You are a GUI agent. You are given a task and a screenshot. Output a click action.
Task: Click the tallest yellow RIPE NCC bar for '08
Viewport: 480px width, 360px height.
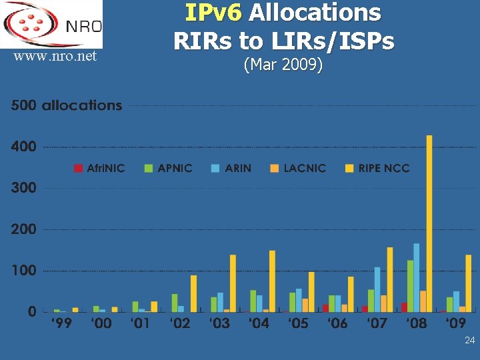coord(429,223)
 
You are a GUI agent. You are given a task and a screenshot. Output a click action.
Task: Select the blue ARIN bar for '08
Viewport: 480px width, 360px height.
coord(417,277)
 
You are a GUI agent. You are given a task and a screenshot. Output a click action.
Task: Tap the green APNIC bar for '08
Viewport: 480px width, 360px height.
coord(410,286)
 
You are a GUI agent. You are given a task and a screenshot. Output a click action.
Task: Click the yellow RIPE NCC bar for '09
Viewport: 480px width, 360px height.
coord(468,283)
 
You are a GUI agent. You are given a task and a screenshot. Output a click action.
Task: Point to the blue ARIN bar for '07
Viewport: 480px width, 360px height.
coord(377,289)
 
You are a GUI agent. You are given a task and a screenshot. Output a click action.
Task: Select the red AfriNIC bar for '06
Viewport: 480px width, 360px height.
coord(325,308)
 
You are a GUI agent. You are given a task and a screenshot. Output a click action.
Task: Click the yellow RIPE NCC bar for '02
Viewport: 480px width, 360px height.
coord(193,293)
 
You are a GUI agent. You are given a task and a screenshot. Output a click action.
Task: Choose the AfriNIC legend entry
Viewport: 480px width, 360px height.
coord(99,168)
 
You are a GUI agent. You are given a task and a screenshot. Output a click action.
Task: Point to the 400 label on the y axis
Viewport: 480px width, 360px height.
coord(24,147)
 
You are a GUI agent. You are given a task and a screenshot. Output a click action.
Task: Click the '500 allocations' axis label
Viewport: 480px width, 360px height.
coord(67,105)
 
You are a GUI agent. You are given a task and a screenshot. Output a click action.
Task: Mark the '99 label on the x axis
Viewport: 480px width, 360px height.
coord(62,324)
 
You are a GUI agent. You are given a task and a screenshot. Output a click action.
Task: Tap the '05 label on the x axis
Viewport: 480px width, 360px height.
coord(298,324)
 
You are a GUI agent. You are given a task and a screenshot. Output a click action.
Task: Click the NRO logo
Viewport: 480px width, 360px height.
coord(52,24)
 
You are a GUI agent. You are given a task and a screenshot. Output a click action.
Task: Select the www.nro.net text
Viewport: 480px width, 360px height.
coord(55,57)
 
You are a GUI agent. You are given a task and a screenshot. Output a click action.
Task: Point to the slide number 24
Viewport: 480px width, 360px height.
coord(469,341)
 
